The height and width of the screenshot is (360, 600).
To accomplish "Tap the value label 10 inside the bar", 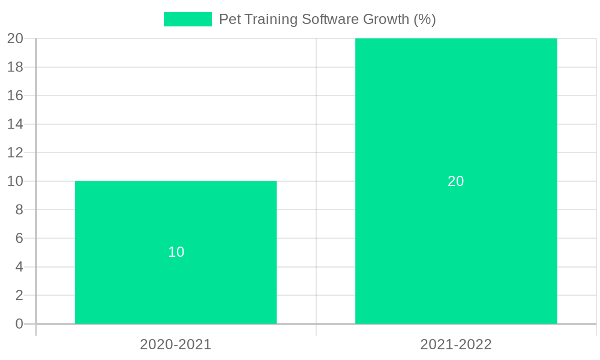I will pos(176,252).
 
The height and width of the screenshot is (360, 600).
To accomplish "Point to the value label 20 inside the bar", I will pos(456,181).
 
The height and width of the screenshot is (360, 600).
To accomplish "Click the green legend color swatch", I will pos(187,19).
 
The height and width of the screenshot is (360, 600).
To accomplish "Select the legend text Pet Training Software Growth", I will pos(327,19).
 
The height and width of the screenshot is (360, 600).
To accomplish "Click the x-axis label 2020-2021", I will pos(176,344).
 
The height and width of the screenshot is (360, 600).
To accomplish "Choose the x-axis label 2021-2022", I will pos(456,344).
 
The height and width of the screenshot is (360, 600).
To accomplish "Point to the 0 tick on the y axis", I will pos(19,324).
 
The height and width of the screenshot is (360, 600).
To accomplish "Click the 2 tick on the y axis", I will pos(19,295).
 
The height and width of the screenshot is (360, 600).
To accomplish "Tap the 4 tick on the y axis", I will pos(19,266).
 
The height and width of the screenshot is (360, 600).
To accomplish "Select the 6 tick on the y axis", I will pos(19,238).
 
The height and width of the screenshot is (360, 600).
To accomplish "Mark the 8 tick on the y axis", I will pos(19,209).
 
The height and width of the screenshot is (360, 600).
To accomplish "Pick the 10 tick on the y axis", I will pos(15,181).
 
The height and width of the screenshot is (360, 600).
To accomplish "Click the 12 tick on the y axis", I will pos(15,152).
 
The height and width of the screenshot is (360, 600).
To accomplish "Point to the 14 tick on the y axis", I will pos(15,124).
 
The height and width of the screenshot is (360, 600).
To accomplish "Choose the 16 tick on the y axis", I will pos(15,95).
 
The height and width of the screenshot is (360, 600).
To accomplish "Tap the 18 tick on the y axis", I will pos(15,67).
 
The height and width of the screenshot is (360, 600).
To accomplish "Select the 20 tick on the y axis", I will pos(15,38).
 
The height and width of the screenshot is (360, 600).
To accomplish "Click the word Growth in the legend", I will pos(386,19).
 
